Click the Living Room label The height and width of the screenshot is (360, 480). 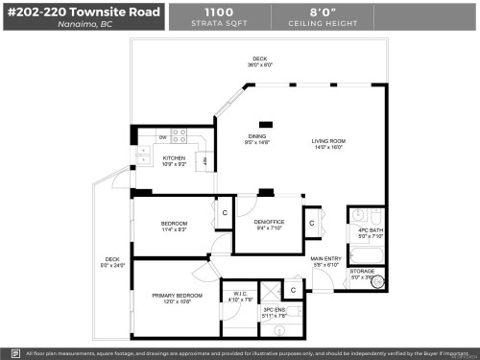tap(327, 142)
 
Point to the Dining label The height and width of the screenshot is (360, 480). tap(257, 136)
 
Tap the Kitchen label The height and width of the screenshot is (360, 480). tap(173, 158)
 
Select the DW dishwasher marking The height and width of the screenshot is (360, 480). tap(162, 137)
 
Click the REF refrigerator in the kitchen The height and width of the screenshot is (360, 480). tap(204, 160)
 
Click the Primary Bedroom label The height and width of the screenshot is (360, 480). tap(177, 296)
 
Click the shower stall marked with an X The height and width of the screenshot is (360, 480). tap(272, 288)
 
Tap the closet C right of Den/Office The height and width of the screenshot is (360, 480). tap(313, 223)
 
